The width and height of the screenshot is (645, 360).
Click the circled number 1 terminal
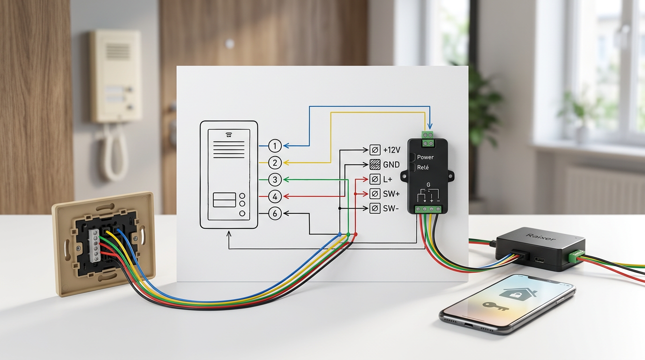tap(275, 146)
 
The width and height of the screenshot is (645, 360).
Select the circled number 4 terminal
tap(275, 197)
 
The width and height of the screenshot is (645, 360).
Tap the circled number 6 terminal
tap(275, 214)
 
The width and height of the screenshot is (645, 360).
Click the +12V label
tap(391, 150)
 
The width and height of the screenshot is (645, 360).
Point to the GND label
tap(391, 165)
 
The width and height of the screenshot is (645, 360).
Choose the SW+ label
tap(391, 194)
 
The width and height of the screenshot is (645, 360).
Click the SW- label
tap(391, 209)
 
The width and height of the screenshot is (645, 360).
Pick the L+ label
tap(388, 180)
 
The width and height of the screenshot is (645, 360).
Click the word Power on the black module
tap(425, 157)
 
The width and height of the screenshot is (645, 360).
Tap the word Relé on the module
tap(423, 167)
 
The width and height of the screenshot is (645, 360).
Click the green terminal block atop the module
tap(427, 139)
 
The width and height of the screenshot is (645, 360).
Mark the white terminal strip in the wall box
tap(94, 246)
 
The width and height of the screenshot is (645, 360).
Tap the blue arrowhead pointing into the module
tap(430, 126)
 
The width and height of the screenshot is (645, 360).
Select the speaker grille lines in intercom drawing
tap(229, 150)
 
